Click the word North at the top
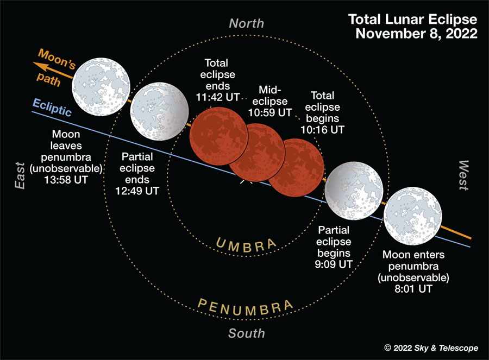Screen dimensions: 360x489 [246, 23]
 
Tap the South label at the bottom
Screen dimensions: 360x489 [246, 333]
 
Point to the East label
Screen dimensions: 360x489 [21, 175]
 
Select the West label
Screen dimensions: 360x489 [463, 175]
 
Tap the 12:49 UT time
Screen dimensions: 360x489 [137, 191]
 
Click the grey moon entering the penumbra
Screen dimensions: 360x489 [413, 217]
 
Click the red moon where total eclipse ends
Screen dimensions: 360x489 [218, 135]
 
